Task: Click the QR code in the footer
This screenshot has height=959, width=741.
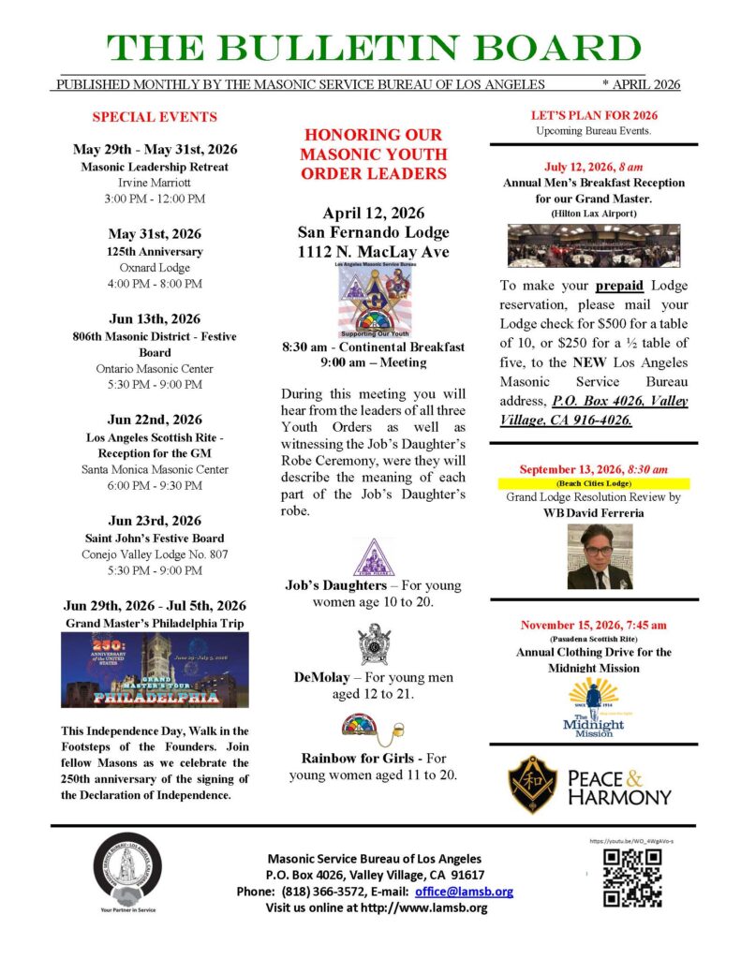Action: (x=631, y=878)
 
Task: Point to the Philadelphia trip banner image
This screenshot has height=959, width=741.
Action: (x=155, y=669)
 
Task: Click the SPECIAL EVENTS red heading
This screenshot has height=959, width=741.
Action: (x=155, y=117)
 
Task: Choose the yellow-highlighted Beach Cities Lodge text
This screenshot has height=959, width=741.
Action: (x=594, y=483)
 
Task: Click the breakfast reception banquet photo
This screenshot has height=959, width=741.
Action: (x=594, y=246)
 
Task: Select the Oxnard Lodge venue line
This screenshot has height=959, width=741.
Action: (x=155, y=267)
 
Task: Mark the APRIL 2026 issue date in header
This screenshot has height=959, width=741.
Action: (x=642, y=84)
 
